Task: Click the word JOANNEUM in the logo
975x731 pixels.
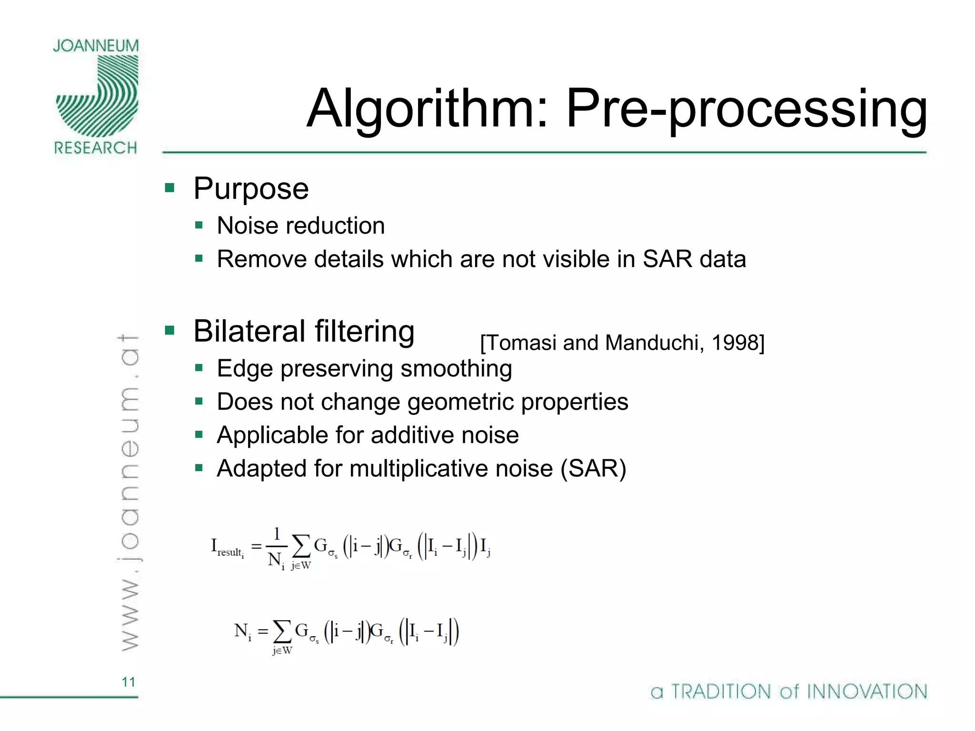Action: click(96, 46)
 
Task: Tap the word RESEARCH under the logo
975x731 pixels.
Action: click(96, 148)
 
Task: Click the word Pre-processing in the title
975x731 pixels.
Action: click(746, 109)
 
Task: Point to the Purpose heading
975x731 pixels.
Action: click(251, 188)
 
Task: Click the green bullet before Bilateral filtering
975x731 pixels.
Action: click(169, 330)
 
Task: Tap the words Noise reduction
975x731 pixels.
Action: click(300, 226)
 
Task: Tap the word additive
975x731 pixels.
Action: click(411, 435)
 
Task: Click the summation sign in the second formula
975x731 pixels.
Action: click(282, 632)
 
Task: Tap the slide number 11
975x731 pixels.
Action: click(129, 682)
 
